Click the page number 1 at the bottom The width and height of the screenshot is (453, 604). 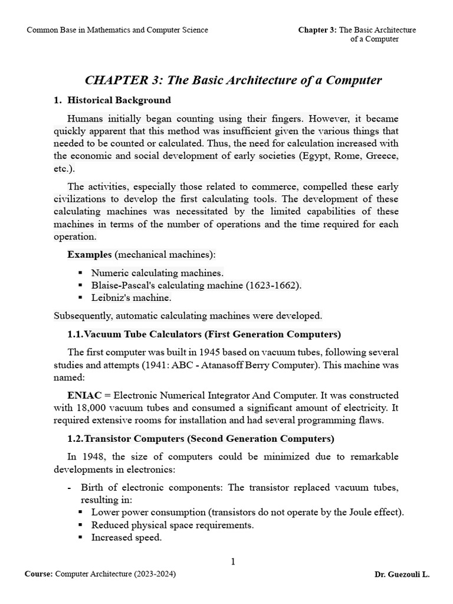(x=233, y=562)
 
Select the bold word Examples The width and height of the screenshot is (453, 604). (x=89, y=254)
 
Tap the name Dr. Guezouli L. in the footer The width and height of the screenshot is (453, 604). (x=402, y=574)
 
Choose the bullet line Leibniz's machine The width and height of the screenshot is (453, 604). (x=131, y=297)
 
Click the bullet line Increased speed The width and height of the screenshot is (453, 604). (x=126, y=537)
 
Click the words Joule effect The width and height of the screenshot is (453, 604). (x=372, y=512)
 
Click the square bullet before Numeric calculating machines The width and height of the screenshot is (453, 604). (x=80, y=273)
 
